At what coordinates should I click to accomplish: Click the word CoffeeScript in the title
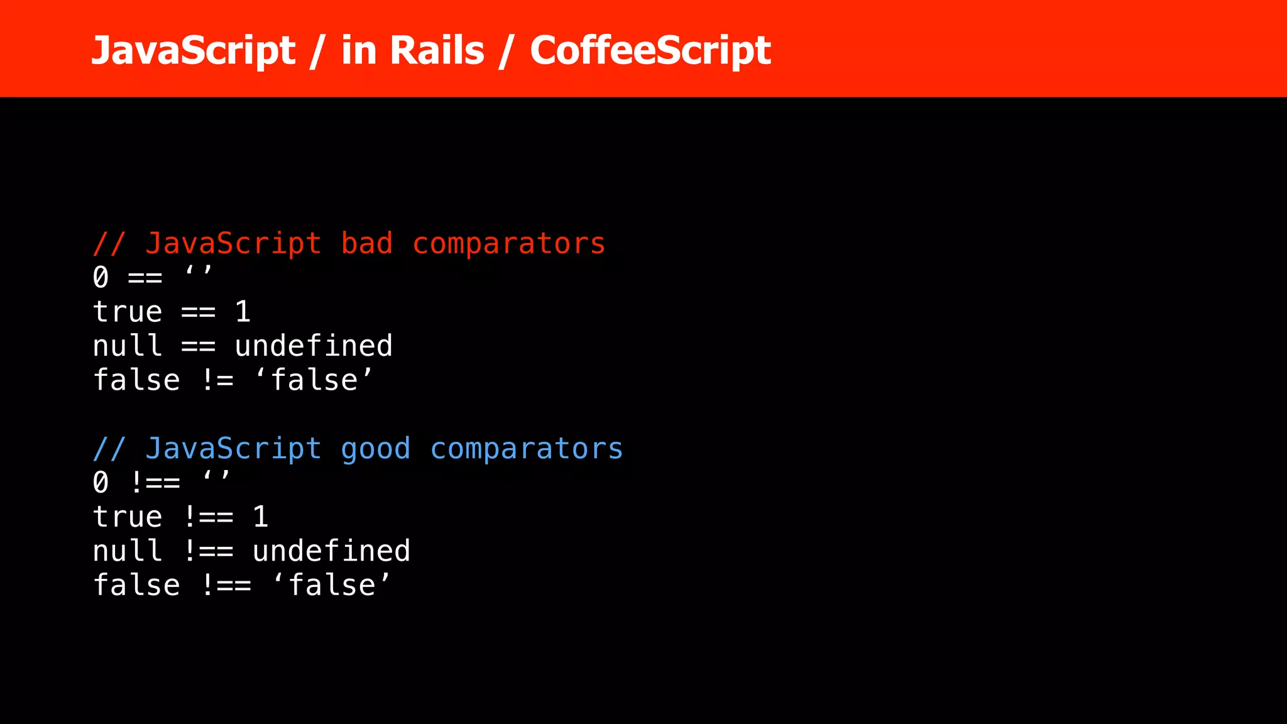tap(650, 50)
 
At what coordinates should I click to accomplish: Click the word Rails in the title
tap(437, 50)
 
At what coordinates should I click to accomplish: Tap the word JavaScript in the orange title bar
tap(193, 50)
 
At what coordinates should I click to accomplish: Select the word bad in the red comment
tap(366, 244)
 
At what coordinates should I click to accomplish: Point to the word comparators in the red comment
tap(508, 244)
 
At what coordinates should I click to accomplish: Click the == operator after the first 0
tap(145, 278)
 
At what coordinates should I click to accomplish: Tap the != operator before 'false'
tap(217, 380)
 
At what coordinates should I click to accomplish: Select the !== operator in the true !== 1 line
tap(209, 517)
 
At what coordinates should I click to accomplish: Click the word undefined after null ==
tap(314, 346)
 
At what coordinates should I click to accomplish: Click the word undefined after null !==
tap(331, 551)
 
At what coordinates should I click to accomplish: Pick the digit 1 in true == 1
tap(243, 312)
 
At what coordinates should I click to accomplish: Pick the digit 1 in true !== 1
tap(261, 517)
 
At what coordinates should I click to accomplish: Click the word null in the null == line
tap(127, 346)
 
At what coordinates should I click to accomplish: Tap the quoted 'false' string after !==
tap(331, 585)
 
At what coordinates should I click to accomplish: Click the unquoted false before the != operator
tap(136, 380)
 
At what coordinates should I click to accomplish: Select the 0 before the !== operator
tap(101, 483)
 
